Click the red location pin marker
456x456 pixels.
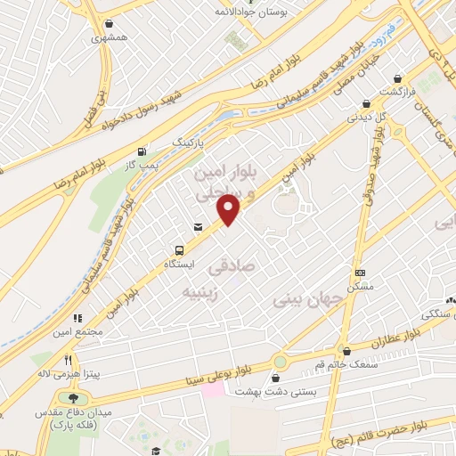coord(229,209)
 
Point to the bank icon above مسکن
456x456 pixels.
coord(360,273)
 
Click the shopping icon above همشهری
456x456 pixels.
coord(109,24)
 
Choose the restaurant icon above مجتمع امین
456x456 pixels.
coord(78,316)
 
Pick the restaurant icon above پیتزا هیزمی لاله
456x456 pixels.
coord(68,359)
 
